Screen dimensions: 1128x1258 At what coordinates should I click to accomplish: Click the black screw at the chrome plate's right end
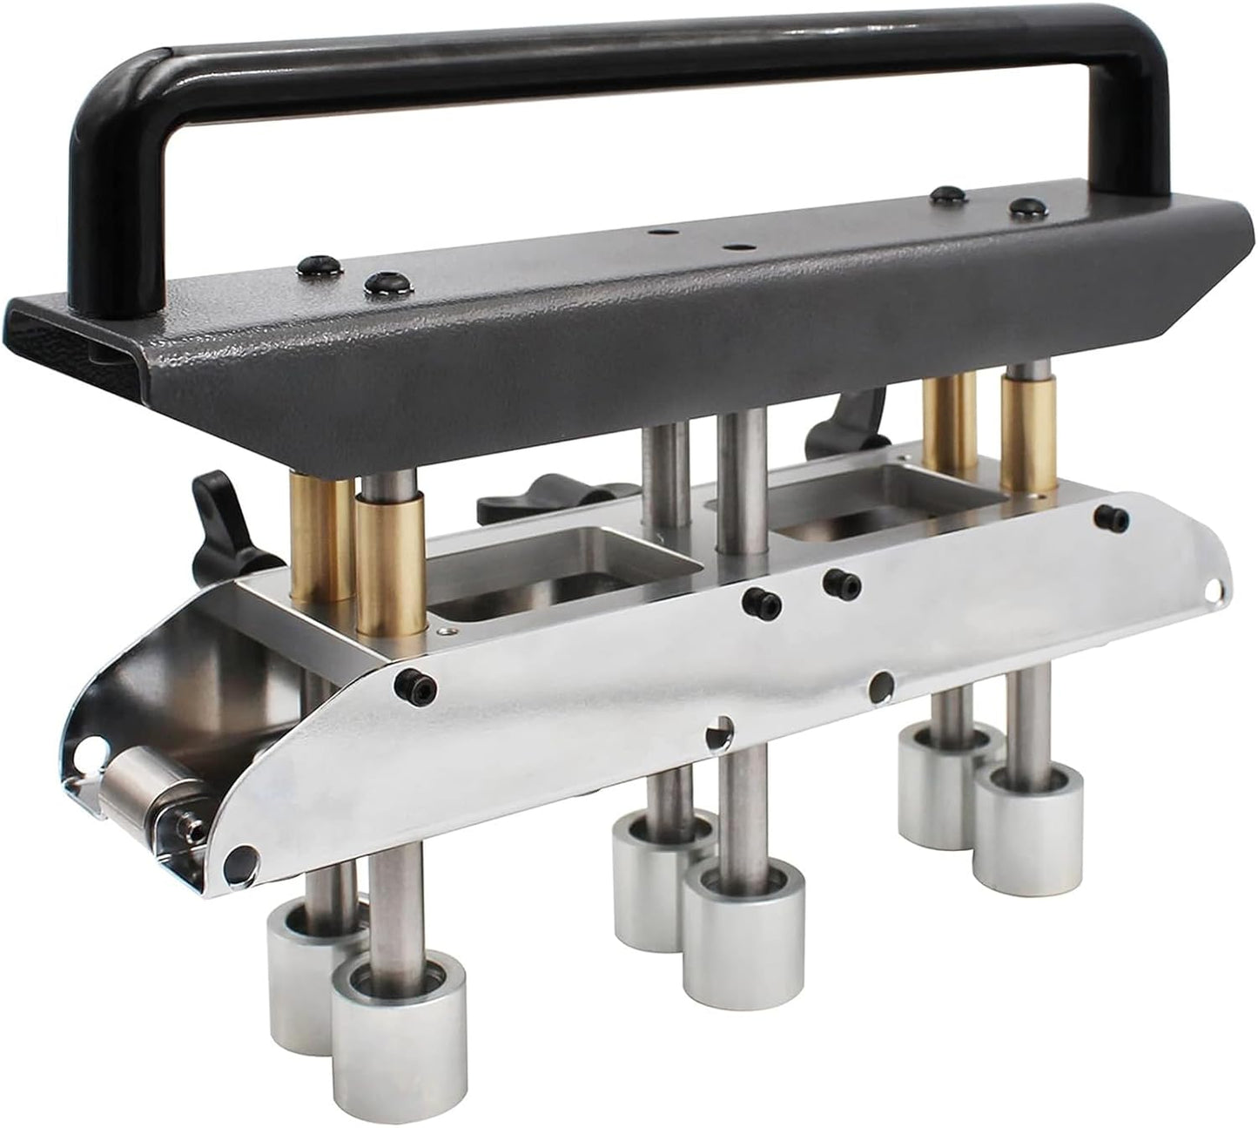point(1109,515)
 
